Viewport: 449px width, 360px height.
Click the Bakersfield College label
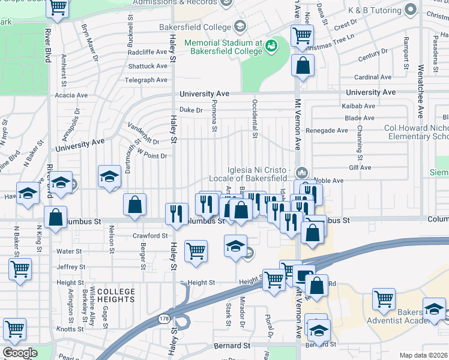coord(195,27)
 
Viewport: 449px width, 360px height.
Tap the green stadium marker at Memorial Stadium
coord(271,44)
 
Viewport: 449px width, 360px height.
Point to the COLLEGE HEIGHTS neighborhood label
coord(115,295)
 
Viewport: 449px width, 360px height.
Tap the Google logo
coord(19,353)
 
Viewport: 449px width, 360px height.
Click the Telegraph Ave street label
coord(146,80)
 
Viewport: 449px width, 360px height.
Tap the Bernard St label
coord(232,346)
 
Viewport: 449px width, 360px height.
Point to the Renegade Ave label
coord(327,130)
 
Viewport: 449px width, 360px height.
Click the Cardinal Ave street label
coord(373,77)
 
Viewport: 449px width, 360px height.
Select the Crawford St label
coord(150,236)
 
